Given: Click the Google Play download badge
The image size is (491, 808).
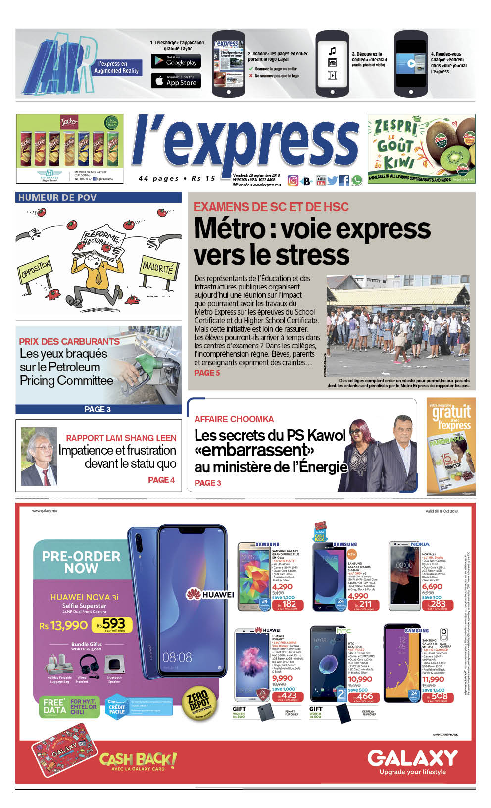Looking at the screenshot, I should coord(176,61).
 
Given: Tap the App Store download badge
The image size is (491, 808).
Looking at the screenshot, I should coord(176,81).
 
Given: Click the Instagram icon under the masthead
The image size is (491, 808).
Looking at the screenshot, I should coord(293,181).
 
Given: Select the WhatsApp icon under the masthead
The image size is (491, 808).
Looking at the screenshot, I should coord(356,181).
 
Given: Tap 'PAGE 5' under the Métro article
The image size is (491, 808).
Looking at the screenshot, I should coord(206,373).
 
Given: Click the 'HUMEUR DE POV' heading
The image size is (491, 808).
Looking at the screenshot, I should coord(57,198).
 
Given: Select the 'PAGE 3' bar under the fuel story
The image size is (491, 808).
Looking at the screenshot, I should coord(98,409).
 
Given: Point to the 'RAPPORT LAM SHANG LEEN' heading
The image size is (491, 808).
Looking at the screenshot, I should coord(121,438).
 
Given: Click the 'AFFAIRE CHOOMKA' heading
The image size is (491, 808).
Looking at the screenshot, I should coord(234,419).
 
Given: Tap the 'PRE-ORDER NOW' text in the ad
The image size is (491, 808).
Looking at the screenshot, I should coord(81,562).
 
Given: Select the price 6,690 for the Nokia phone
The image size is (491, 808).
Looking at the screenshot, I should coord(432,587).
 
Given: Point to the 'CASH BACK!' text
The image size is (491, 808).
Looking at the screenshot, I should coord(138,759).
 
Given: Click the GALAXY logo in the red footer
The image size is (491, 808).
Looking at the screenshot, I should coord(412,758).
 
